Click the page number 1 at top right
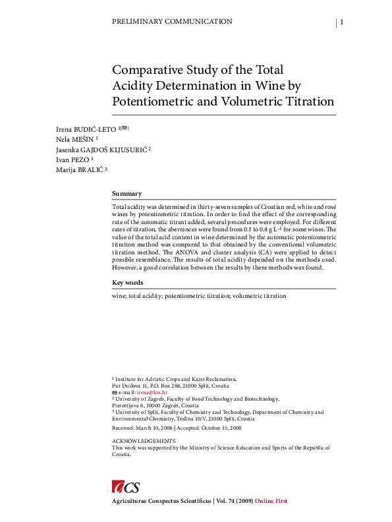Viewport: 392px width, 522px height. pos(342,22)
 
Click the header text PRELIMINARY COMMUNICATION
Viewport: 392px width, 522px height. pos(173,22)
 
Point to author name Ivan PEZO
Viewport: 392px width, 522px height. pos(72,159)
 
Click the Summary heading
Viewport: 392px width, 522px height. pos(127,194)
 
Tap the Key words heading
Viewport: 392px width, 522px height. pos(128,283)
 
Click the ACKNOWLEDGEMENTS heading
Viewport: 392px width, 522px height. pos(144,440)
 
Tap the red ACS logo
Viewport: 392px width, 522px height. pos(126,486)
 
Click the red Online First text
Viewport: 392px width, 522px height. pos(271,501)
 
